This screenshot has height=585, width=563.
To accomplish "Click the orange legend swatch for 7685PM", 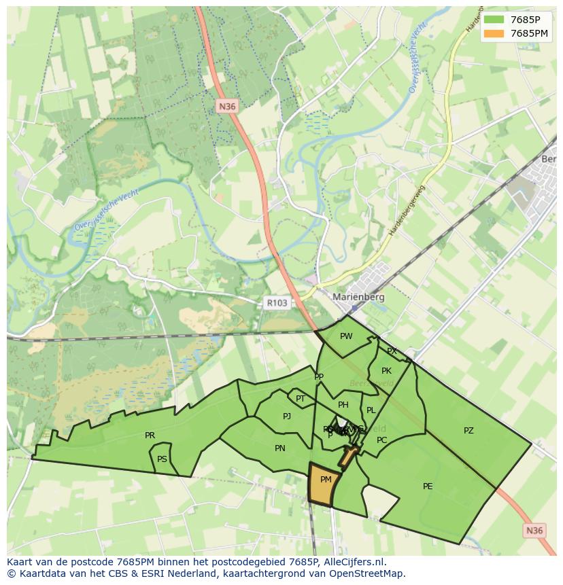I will pos(495,33).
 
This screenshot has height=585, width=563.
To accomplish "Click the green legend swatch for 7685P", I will pos(495,20).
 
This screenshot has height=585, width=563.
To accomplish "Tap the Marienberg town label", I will pos(358,297).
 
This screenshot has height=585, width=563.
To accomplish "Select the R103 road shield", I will pos(277,303).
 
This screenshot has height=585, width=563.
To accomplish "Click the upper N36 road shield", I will pos(227,106).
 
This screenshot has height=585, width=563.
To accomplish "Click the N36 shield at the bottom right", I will pos(535,531).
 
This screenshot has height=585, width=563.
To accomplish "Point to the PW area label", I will pos(346,336).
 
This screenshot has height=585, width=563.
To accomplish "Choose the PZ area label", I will pos(468,431).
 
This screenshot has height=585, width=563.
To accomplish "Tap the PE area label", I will pos(428,486).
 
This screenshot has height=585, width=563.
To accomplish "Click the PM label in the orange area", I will pos(326,480).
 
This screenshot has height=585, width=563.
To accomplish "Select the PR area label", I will pos(150,436).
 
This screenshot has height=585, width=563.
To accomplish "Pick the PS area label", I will pos(162,459).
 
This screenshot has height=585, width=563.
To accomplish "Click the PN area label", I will pos(280,448).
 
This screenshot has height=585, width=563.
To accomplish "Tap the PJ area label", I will pos(287,416).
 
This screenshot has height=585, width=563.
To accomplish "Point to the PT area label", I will pos(301,399).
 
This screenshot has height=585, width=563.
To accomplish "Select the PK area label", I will pos(386,371).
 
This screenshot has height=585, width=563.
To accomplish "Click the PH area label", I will pos(343,405).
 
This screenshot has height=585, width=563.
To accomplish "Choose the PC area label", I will pos(381,440).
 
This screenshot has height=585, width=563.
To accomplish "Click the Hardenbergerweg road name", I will pos(407,211).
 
